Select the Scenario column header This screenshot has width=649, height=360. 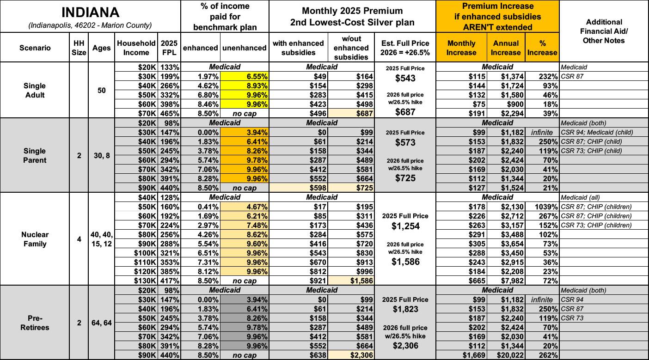tap(35, 47)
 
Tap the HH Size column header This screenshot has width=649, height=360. tap(79, 47)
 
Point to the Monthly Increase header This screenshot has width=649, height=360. tap(461, 47)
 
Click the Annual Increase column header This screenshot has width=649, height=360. tap(505, 47)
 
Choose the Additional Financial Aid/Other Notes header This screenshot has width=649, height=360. tap(604, 31)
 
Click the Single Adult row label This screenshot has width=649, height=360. tap(35, 91)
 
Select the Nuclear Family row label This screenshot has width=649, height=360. tap(35, 239)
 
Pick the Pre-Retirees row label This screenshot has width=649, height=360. tap(35, 323)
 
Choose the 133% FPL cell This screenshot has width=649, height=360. tap(170, 67)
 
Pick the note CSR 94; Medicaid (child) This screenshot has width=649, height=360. tap(596, 132)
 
